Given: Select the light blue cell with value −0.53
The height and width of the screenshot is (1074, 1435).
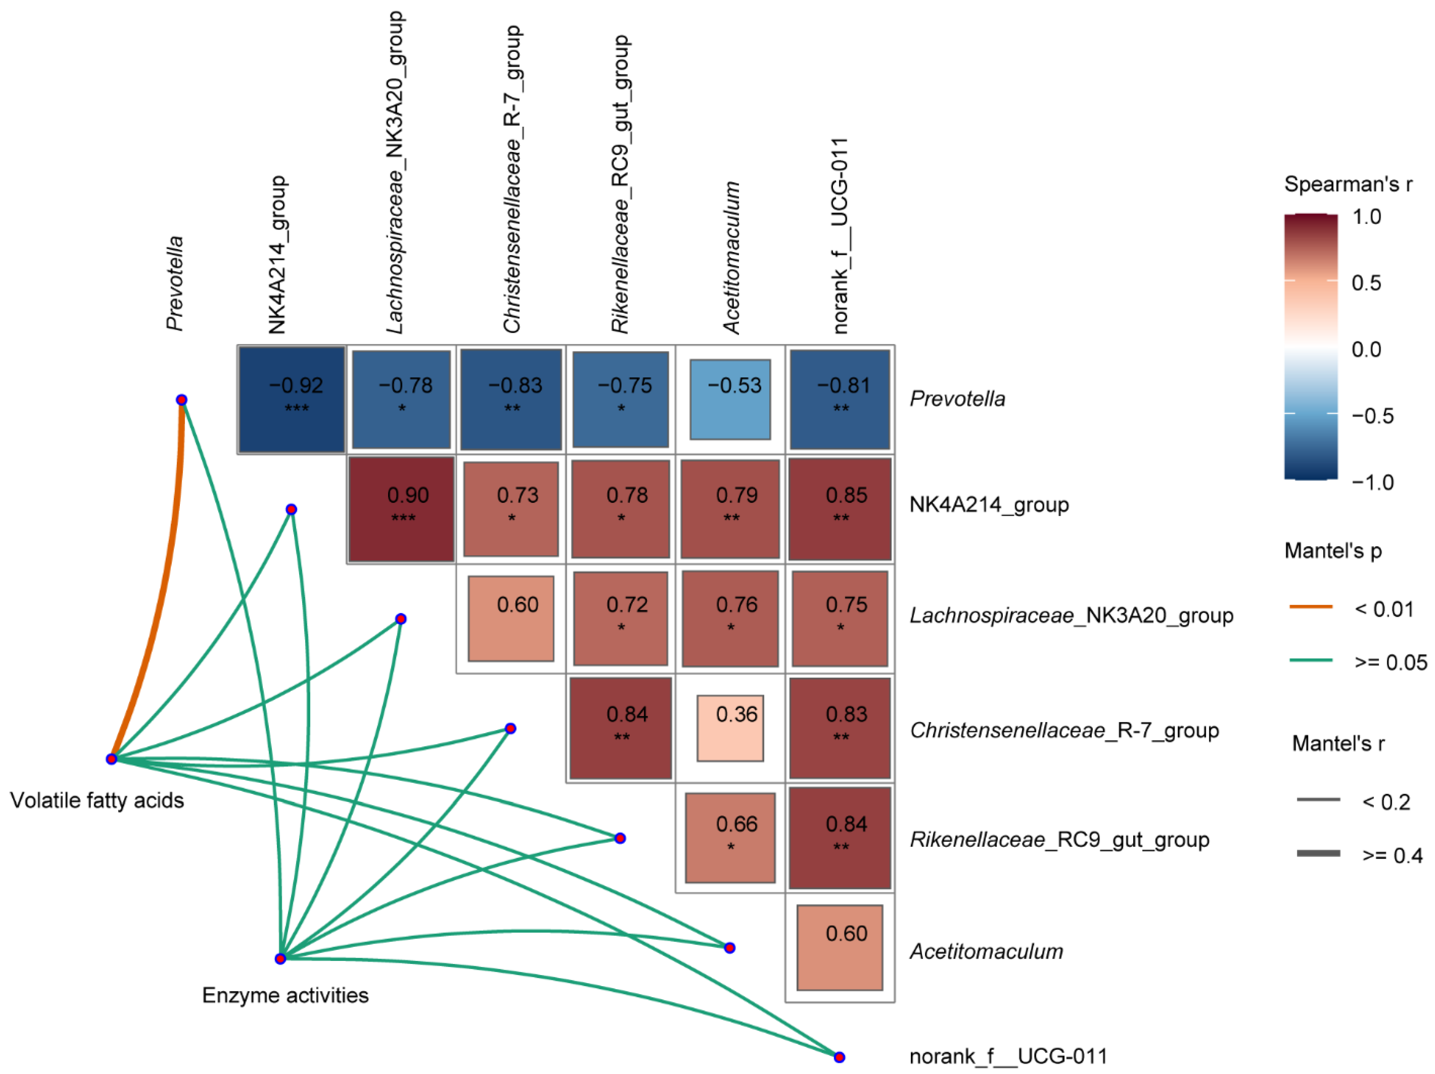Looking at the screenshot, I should click(730, 399).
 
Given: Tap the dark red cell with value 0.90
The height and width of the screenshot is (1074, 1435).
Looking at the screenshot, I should click(401, 508).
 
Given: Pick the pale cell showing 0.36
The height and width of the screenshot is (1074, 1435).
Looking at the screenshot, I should click(730, 728).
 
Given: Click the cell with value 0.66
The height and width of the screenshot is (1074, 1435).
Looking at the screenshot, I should click(730, 837).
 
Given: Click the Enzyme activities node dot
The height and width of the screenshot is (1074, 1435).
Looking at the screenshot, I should click(280, 958).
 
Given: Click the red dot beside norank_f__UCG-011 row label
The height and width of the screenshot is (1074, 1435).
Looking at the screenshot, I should click(839, 1057).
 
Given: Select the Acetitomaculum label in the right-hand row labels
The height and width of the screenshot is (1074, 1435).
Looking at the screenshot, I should click(986, 951).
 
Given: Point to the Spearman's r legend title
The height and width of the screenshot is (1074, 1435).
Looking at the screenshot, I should click(1348, 184).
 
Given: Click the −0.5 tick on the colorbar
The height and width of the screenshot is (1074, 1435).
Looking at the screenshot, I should click(1372, 416).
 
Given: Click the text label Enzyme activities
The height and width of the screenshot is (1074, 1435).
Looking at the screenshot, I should click(285, 995).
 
